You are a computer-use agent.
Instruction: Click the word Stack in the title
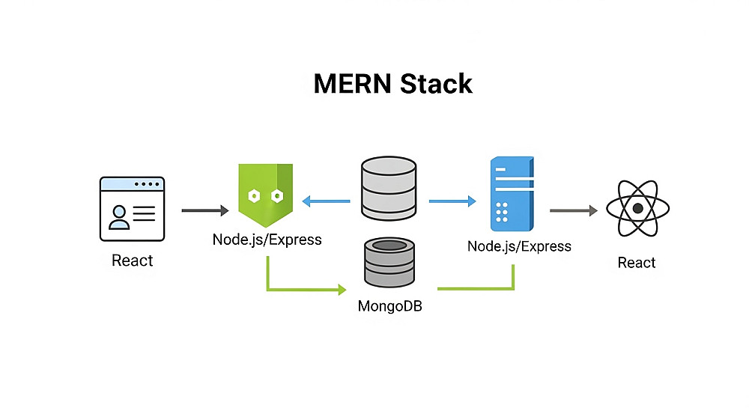pos(436,83)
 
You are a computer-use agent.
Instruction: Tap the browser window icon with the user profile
pos(132,209)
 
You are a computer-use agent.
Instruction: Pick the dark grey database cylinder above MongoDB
pos(389,263)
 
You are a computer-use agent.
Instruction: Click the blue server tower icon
pos(511,194)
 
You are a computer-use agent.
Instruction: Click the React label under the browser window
pos(132,261)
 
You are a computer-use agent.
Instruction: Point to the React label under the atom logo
pos(637,263)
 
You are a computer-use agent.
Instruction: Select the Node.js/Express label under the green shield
pos(267,240)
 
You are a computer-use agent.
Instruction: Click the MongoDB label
pos(389,305)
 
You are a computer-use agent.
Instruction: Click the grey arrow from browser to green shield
pos(204,211)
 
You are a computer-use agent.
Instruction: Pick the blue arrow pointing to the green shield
pos(326,201)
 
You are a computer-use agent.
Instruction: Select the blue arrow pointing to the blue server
pos(452,201)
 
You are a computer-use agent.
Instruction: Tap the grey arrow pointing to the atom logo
pos(573,211)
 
